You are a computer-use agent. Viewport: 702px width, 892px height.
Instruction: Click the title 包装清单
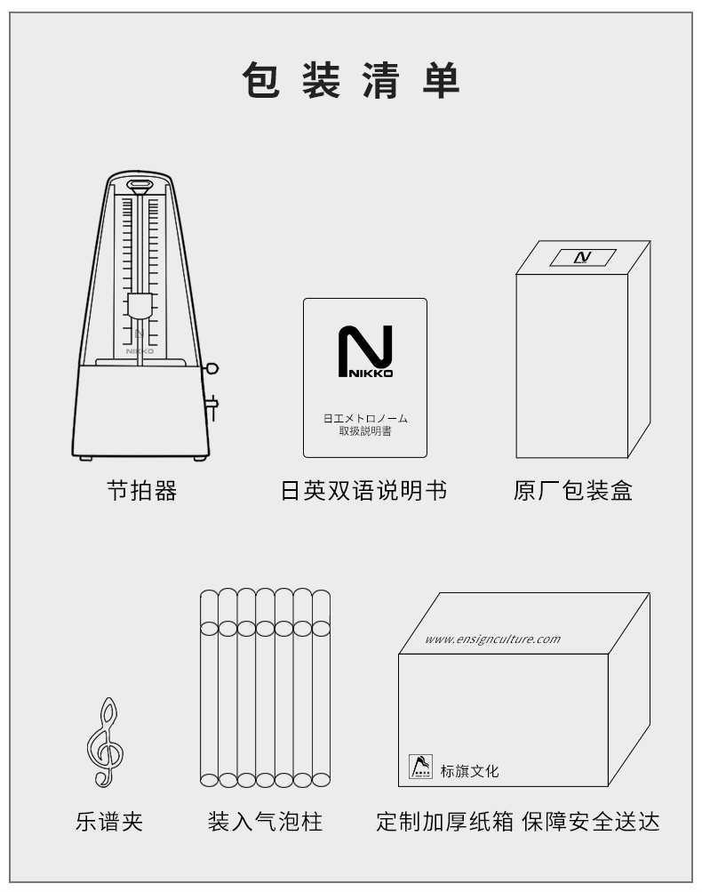tap(351, 82)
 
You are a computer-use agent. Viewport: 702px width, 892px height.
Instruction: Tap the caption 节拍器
tap(141, 491)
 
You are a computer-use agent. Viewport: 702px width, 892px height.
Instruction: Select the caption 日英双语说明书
tap(363, 491)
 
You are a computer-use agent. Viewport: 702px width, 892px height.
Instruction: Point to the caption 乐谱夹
tap(108, 822)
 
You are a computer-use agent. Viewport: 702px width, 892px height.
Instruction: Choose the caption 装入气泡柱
tap(264, 822)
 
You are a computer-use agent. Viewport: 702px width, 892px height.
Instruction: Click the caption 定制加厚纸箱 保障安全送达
tap(517, 822)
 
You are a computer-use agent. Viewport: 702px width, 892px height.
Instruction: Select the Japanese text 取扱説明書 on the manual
tap(364, 430)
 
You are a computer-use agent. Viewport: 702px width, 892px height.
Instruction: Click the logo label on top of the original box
tap(582, 257)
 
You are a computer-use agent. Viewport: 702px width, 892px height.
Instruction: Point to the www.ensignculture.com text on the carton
tap(492, 639)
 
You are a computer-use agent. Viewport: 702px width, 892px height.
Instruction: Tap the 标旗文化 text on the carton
tap(469, 771)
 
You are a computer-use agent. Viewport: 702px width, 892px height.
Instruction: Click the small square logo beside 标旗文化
tap(420, 767)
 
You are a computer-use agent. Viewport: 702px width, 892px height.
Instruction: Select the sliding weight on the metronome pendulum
tap(140, 307)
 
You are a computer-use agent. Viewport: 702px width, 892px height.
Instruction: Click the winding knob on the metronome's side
tap(211, 368)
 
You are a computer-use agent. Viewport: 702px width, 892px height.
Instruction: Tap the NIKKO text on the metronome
tap(140, 351)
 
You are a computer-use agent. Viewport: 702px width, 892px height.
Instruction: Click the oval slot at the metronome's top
tap(140, 187)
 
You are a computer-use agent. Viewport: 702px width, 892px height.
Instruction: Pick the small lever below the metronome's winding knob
tap(212, 405)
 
